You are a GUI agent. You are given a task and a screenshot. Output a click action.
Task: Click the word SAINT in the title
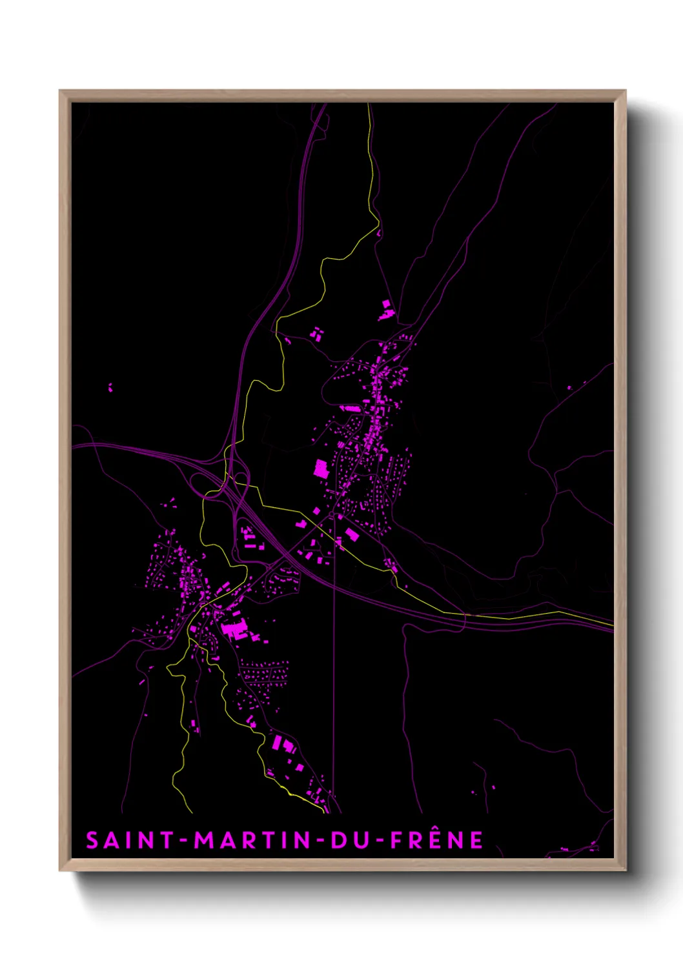pos(130,840)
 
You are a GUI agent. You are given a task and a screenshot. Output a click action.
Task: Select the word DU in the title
pos(349,840)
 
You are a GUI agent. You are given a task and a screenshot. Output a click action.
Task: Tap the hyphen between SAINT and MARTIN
pos(185,841)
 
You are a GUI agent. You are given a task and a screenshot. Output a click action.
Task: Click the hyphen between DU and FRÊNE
pos(380,841)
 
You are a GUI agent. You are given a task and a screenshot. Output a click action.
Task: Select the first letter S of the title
pos(93,840)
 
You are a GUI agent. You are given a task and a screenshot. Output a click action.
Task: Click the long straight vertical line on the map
pos(334,678)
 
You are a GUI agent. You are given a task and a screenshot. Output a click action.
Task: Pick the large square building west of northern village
pos(321,468)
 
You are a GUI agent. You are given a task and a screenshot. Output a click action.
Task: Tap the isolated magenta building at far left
pos(110,387)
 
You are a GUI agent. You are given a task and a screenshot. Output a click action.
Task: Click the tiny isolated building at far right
pos(569,388)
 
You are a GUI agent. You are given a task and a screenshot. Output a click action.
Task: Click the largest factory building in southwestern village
pos(234,628)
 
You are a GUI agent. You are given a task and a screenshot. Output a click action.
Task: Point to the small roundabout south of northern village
pos(336,516)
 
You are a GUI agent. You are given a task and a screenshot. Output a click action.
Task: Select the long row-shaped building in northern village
pos(351,408)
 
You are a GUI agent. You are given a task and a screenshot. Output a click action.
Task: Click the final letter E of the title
pos(476,840)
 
